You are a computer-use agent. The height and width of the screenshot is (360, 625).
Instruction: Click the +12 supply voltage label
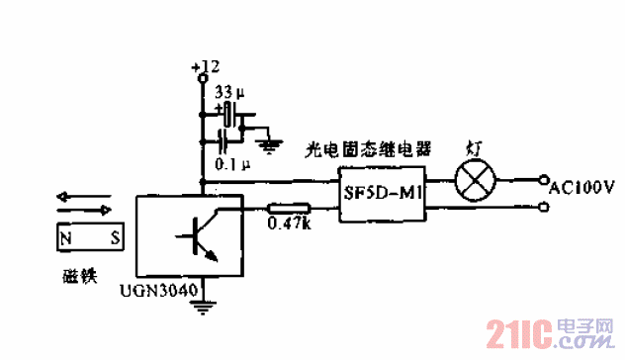(x=206, y=66)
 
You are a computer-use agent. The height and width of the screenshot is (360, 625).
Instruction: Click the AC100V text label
(x=582, y=185)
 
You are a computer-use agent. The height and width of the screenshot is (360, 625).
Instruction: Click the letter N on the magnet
(x=65, y=238)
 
